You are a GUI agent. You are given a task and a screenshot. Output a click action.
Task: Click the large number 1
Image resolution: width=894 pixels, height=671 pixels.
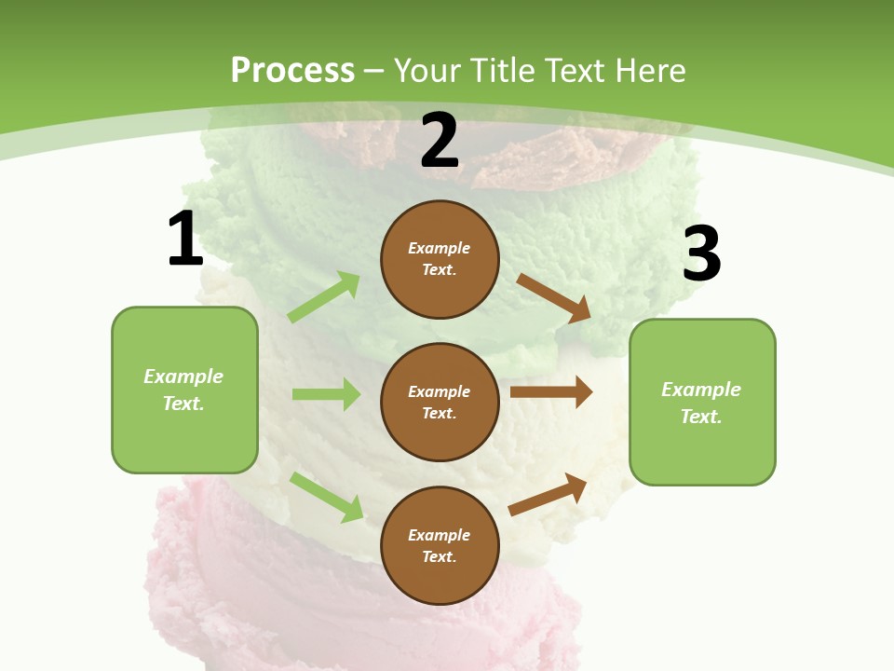coord(185,239)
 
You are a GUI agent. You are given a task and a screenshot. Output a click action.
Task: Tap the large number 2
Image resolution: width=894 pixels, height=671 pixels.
coord(440,141)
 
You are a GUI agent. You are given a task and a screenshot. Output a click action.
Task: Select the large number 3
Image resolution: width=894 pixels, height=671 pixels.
coord(701,253)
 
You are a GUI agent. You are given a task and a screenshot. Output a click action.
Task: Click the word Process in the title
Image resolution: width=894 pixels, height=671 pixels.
coord(292,70)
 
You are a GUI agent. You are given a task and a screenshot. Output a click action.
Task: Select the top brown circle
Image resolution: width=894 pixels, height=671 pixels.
coord(440,259)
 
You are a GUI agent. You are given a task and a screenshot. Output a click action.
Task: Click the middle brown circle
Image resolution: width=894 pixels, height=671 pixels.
coord(440,402)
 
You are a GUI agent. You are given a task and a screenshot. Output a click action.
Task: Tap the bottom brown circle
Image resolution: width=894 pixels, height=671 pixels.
coord(440,545)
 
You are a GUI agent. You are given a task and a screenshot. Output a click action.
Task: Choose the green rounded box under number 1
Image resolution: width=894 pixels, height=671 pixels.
coord(184,390)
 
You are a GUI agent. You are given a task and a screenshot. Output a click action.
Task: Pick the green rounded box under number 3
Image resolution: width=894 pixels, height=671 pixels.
coord(702,402)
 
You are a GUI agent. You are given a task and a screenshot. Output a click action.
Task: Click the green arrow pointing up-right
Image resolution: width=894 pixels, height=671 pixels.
coord(324,296)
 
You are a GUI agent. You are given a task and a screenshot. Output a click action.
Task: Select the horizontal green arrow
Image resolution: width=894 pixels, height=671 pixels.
coord(326,394)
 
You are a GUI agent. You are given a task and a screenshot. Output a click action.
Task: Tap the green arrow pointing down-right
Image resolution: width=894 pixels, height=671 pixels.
coord(326,497)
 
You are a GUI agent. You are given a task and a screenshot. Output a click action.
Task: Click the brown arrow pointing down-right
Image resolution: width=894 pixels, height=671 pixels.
coord(554,298)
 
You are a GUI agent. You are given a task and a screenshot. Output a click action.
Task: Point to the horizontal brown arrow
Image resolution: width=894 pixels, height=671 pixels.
coord(551,392)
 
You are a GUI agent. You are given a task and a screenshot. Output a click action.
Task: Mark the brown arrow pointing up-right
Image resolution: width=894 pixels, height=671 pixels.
coord(548,494)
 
